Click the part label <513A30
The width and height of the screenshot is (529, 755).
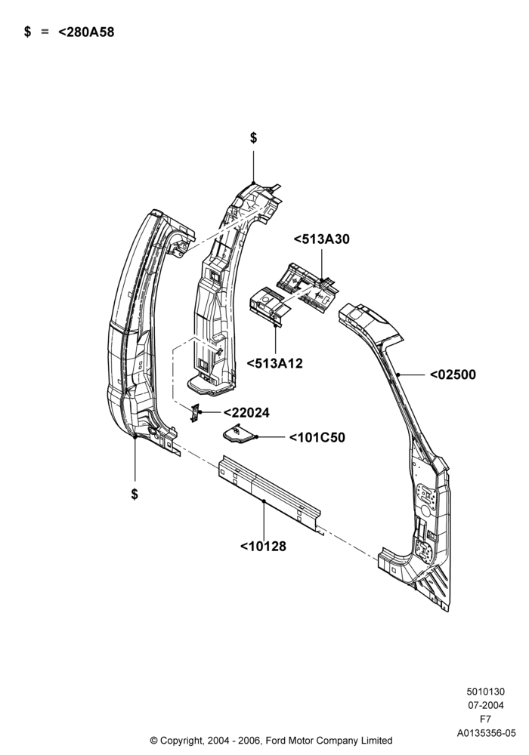[x=321, y=239]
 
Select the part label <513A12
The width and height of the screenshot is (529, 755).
[x=274, y=364]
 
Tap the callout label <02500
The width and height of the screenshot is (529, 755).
[x=453, y=374]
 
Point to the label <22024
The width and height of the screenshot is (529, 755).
[x=246, y=413]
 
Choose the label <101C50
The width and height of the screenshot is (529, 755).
[x=317, y=438]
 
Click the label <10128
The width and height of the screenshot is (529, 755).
[x=263, y=547]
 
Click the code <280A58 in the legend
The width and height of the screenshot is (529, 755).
[x=86, y=32]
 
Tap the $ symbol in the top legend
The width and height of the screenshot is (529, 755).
[x=27, y=32]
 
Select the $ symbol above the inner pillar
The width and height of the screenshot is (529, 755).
[x=253, y=138]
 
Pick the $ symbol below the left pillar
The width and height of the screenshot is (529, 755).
[x=135, y=495]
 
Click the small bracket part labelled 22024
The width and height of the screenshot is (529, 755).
[x=195, y=413]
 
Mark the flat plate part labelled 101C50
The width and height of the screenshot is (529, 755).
[x=239, y=434]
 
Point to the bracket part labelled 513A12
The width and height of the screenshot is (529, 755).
[x=269, y=305]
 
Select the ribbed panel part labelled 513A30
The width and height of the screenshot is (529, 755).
[x=306, y=286]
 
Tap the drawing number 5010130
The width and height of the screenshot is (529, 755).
[x=486, y=692]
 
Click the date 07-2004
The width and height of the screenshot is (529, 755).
[x=486, y=706]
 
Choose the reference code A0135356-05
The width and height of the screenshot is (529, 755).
[x=486, y=733]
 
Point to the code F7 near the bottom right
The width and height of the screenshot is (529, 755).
[x=486, y=720]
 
